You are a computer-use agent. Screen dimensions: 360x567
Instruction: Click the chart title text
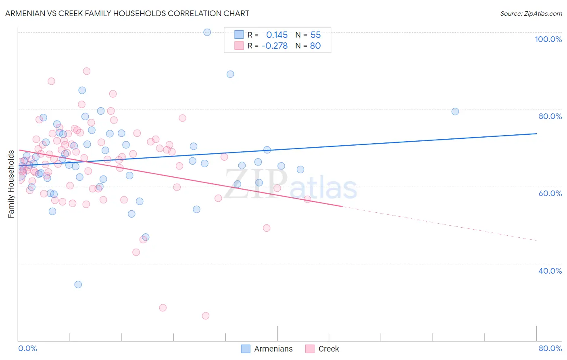(x=127, y=13)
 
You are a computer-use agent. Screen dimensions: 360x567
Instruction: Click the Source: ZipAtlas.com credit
(x=531, y=13)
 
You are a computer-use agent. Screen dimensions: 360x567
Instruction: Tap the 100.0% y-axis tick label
(x=548, y=39)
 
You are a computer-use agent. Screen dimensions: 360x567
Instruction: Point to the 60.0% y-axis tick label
(x=550, y=193)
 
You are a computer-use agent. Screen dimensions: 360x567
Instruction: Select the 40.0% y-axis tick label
(x=550, y=271)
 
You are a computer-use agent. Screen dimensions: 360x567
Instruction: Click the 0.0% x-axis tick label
(x=27, y=348)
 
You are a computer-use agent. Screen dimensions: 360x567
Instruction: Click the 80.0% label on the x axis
(x=550, y=348)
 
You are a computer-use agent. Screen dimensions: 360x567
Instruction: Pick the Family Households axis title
(x=11, y=184)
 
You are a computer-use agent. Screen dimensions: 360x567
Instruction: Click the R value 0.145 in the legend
(x=277, y=35)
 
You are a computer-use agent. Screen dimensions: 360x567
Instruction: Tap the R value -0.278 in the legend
(x=275, y=46)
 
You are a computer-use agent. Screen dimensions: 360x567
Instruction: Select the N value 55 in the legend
(x=315, y=35)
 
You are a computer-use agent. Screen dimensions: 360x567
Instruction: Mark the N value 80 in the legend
(x=315, y=46)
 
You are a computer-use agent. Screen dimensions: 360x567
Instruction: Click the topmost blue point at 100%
(x=207, y=32)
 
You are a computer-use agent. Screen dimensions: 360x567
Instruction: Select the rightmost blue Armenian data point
(x=455, y=111)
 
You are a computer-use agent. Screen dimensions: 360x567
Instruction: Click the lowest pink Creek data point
(x=206, y=316)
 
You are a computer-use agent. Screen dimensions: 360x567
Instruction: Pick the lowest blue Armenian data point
(x=78, y=285)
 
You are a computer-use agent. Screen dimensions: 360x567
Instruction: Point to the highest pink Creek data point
(x=87, y=71)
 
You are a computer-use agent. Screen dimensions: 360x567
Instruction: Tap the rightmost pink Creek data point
(x=307, y=199)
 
